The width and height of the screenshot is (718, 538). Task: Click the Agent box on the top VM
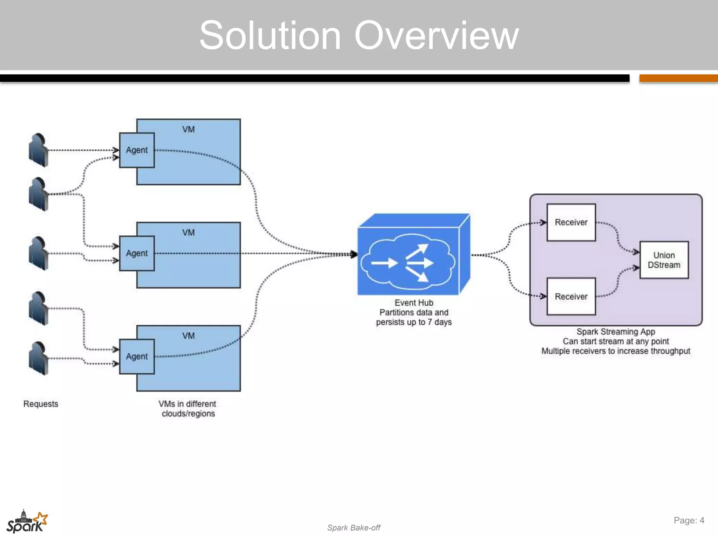coord(137,150)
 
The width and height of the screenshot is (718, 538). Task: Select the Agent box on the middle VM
coord(137,253)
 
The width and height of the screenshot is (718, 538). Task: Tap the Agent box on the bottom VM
coord(137,357)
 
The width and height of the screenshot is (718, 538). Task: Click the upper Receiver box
coord(571,222)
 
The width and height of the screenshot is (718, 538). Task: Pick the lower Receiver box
coord(571,297)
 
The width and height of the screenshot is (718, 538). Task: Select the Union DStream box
coord(664,260)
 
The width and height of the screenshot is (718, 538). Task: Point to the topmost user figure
coord(38,150)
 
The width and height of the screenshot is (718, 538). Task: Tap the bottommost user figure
coord(38,358)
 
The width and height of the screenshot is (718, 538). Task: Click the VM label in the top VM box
coord(188,130)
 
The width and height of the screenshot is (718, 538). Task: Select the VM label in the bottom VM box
coord(188,336)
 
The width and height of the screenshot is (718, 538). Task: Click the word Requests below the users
coord(41,404)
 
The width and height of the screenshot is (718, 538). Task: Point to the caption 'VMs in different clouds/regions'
coord(188,409)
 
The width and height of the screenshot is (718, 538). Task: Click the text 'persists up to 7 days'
coord(414,322)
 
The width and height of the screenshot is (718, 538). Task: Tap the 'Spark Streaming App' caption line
coord(616,332)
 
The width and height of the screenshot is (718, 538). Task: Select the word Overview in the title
coord(436,35)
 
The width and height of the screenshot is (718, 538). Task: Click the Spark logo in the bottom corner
coord(27,522)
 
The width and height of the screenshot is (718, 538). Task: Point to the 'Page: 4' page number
coord(689,520)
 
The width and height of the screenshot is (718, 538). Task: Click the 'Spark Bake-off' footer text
coord(353,528)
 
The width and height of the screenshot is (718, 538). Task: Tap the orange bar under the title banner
coord(678,78)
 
